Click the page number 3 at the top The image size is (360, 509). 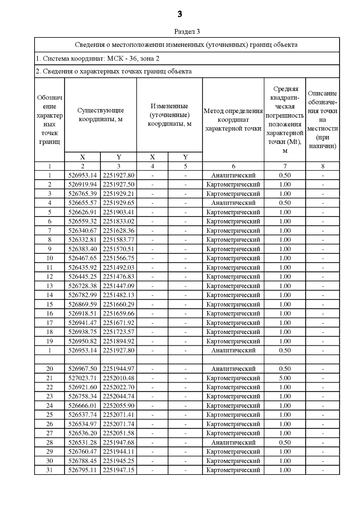pos(180,14)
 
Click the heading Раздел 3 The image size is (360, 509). pos(187,31)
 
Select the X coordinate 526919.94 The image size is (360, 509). pos(82,184)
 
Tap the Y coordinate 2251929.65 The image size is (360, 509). pos(118,203)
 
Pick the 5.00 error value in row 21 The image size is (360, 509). pos(285,378)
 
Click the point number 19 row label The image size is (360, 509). pos(49,341)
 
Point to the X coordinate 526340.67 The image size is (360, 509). pos(82,231)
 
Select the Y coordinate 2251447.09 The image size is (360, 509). pos(118,286)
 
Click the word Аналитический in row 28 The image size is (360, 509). pos(233,442)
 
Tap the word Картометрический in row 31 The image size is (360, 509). pos(233,470)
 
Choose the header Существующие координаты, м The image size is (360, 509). pos(100,115)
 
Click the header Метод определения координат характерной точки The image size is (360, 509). pos(233,120)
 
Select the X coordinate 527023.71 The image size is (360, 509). pos(82,378)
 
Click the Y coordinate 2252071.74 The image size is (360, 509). pos(118,424)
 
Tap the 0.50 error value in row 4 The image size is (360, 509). pos(285,203)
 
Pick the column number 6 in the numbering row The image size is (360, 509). pos(233,166)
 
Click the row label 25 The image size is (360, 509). pos(49,415)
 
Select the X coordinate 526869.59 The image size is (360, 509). pos(82,304)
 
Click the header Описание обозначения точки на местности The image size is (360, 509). pos(322,120)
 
